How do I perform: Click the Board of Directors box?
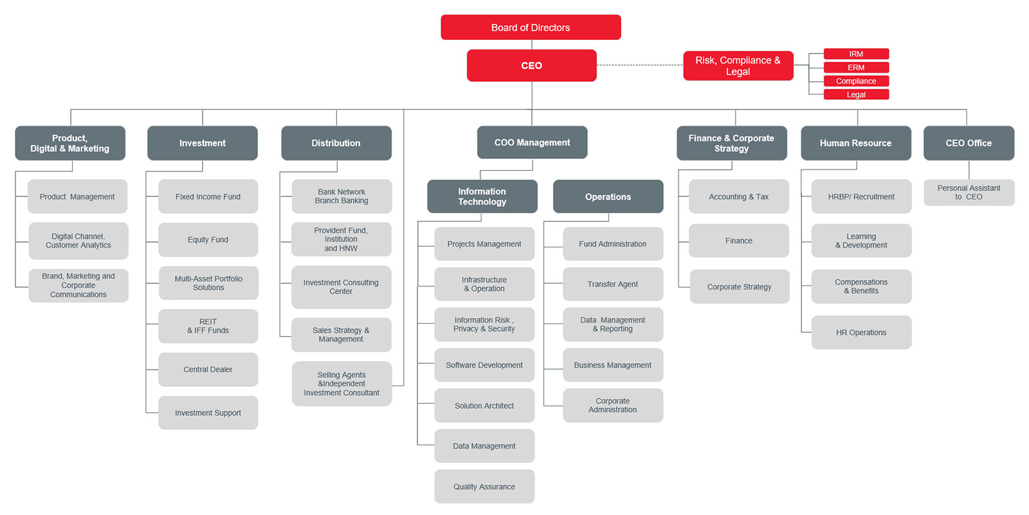point(531,27)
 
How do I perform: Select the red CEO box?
point(531,65)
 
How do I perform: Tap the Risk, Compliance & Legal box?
point(738,66)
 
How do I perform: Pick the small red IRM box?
point(856,54)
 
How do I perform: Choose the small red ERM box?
point(856,67)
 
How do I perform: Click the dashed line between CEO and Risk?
point(640,65)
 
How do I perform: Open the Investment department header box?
point(203,143)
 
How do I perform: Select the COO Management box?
point(532,142)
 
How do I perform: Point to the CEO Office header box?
point(969,143)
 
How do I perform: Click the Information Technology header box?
point(482,196)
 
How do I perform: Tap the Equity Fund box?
point(208,239)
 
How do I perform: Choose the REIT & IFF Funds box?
point(208,326)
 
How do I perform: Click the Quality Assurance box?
point(484,487)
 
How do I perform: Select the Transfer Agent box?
point(613,284)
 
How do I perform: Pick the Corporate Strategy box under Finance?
point(740,286)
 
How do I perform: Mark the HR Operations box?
point(861,332)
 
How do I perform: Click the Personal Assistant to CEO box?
point(969,192)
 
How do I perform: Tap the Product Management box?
point(77,196)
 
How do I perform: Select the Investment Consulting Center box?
point(341,287)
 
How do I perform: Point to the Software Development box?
point(484,365)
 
